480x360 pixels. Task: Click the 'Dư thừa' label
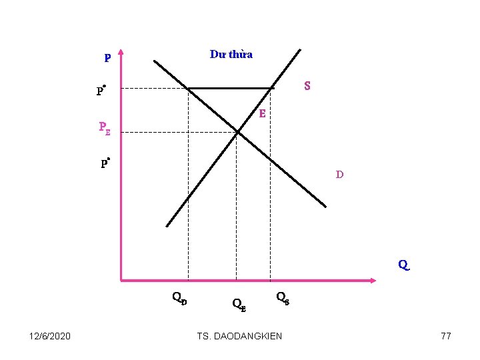pyautogui.click(x=231, y=54)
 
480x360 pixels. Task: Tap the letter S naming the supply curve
pyautogui.click(x=307, y=86)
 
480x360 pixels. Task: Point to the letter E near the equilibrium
pyautogui.click(x=263, y=114)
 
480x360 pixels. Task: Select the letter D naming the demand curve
pyautogui.click(x=340, y=175)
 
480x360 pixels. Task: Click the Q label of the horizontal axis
pyautogui.click(x=403, y=265)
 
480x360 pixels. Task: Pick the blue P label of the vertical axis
pyautogui.click(x=107, y=58)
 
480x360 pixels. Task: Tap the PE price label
pyautogui.click(x=105, y=127)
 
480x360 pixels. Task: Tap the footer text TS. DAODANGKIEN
pyautogui.click(x=240, y=336)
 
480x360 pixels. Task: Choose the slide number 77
pyautogui.click(x=446, y=336)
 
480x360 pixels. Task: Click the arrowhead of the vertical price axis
pyautogui.click(x=121, y=57)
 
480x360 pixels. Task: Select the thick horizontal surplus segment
pyautogui.click(x=230, y=88)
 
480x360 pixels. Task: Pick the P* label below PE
pyautogui.click(x=105, y=163)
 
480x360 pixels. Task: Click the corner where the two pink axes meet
pyautogui.click(x=121, y=280)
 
